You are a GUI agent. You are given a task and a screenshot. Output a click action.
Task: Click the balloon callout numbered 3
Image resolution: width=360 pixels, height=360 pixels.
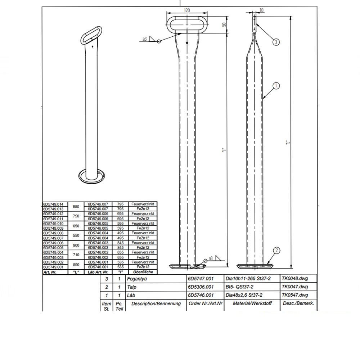pyautogui.click(x=276, y=42)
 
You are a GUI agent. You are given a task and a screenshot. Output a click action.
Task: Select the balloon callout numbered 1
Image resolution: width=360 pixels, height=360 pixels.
pyautogui.click(x=276, y=86)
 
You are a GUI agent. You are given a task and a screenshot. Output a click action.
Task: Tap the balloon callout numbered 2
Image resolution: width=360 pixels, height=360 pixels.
pyautogui.click(x=276, y=251)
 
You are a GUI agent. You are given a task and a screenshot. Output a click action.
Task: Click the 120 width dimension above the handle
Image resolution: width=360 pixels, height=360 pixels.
pyautogui.click(x=187, y=11)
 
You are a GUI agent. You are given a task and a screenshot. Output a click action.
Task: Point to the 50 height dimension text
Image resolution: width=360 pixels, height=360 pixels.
pyautogui.click(x=224, y=25)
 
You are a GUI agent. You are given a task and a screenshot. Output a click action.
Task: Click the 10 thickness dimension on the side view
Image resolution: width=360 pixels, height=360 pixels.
pyautogui.click(x=261, y=10)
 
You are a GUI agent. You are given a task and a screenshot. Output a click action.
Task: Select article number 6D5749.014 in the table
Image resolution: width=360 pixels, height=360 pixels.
pyautogui.click(x=53, y=204)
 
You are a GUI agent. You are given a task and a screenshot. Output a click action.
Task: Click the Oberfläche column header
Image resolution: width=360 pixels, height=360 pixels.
pyautogui.click(x=143, y=272)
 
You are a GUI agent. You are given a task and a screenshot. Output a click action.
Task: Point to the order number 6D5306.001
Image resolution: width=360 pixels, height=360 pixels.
pyautogui.click(x=201, y=287)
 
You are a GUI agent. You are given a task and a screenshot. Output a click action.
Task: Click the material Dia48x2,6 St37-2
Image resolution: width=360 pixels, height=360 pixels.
pyautogui.click(x=244, y=295)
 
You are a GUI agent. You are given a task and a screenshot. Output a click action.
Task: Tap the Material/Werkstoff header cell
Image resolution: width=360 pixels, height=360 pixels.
pyautogui.click(x=252, y=303)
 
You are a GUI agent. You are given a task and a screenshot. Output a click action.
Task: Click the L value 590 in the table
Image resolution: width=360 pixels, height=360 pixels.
pyautogui.click(x=76, y=265)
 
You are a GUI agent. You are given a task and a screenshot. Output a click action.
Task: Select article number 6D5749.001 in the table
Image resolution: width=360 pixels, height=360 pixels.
pyautogui.click(x=53, y=267)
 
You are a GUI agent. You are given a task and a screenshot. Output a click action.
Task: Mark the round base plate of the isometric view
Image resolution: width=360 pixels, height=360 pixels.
pyautogui.click(x=90, y=176)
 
